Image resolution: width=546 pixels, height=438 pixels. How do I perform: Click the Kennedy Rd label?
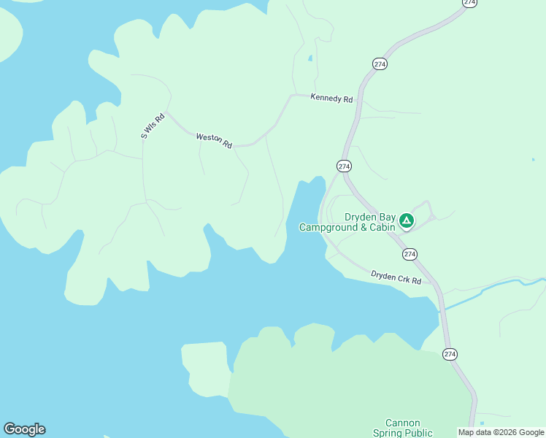click(331, 98)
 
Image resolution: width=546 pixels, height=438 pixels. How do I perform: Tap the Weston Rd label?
click(214, 140)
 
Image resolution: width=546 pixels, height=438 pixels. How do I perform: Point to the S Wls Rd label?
click(153, 125)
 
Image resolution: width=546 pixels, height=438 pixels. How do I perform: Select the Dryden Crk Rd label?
click(396, 277)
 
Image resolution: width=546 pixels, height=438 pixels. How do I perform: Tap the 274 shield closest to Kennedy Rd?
click(380, 64)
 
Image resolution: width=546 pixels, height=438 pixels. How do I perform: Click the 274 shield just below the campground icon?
click(409, 254)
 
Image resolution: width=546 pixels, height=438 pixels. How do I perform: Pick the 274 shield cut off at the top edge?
click(470, 3)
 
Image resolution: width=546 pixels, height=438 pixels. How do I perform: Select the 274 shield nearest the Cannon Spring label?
click(450, 354)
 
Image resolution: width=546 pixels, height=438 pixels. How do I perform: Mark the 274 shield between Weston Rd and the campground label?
click(345, 166)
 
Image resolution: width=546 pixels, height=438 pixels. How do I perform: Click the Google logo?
click(24, 429)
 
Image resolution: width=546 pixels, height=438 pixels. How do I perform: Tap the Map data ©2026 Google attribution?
click(501, 432)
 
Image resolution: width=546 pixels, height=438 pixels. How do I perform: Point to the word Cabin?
click(382, 228)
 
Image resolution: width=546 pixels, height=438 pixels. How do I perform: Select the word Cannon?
click(402, 423)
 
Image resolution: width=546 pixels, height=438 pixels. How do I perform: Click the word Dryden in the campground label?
click(361, 218)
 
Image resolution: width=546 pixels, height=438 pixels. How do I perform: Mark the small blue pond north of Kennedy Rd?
click(310, 58)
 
